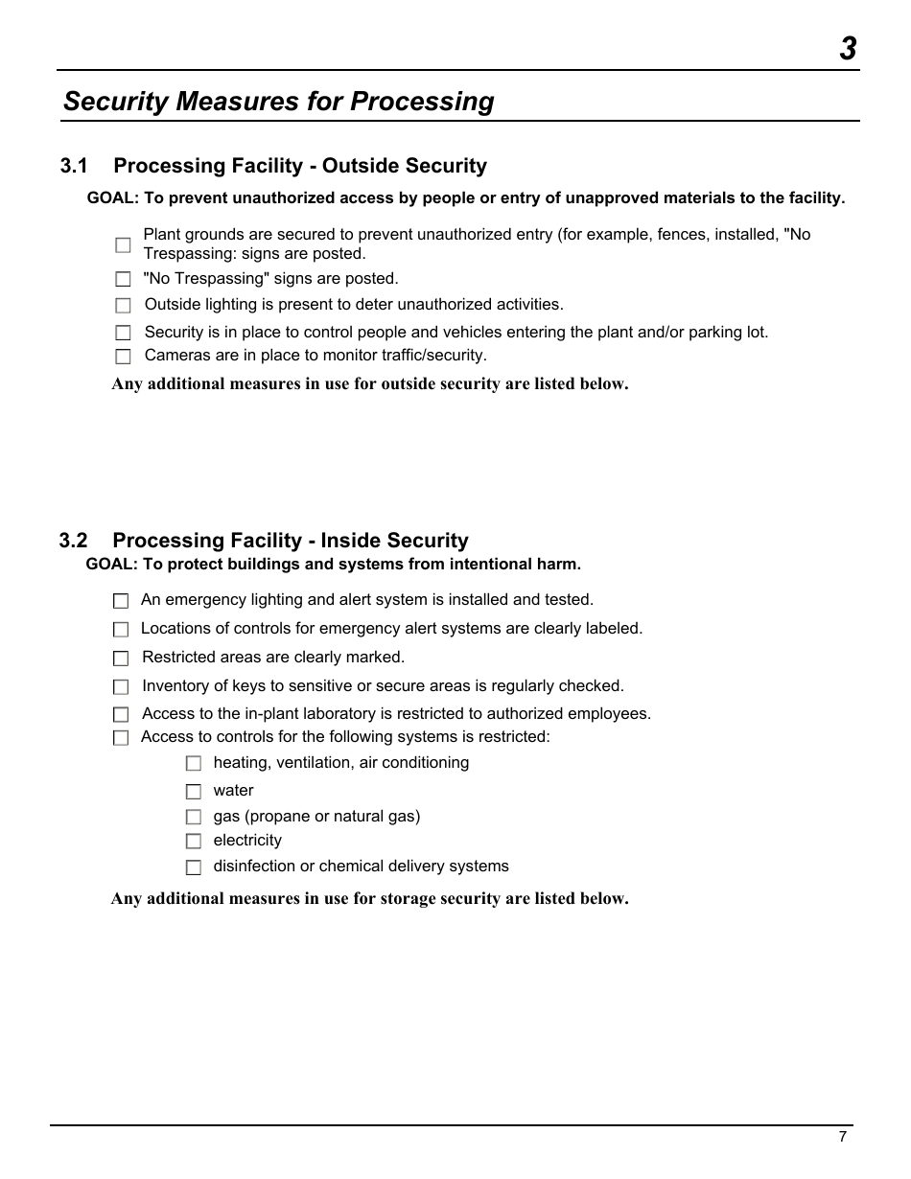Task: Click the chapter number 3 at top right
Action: [848, 49]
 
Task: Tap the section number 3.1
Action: [74, 166]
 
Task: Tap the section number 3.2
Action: [73, 541]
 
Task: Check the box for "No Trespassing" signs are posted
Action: [123, 280]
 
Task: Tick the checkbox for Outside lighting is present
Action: [123, 306]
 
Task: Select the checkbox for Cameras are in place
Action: [123, 357]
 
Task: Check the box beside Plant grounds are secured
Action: [123, 245]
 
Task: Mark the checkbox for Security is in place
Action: [123, 334]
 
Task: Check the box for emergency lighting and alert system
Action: [121, 602]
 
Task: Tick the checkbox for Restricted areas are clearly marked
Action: [121, 659]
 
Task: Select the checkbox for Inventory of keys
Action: [121, 687]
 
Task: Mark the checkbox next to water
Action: [194, 792]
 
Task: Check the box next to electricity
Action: [194, 842]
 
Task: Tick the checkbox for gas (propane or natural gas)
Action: [194, 818]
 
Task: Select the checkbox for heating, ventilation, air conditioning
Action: [194, 764]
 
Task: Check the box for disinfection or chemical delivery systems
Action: [194, 867]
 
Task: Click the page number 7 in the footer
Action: [843, 1137]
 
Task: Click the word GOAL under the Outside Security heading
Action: [112, 198]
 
